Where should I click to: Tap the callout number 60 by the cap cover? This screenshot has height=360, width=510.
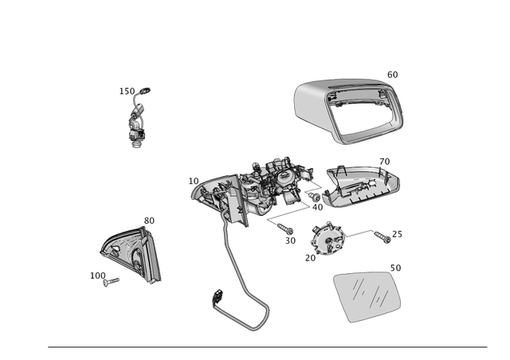click(391, 74)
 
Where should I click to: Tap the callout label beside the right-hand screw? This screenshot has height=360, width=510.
click(398, 234)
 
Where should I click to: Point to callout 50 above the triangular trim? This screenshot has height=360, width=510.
click(148, 219)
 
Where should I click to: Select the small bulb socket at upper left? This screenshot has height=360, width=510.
click(136, 126)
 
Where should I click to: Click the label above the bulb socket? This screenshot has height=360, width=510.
click(135, 90)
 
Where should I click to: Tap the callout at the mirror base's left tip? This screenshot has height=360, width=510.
click(192, 180)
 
